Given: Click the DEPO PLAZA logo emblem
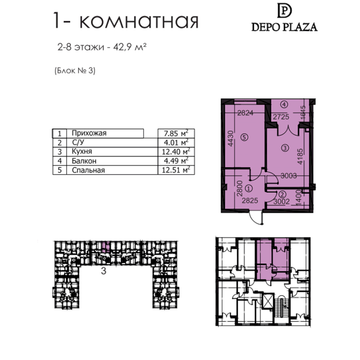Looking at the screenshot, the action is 284,11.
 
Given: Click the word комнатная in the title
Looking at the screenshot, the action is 139,21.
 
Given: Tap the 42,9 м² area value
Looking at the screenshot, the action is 130,47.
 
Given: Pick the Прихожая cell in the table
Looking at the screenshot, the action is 89,133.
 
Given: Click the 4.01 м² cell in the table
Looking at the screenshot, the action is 176,142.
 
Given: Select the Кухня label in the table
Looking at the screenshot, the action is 82,152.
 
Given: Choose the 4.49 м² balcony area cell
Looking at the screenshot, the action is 176,161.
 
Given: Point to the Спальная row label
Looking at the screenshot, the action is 88,170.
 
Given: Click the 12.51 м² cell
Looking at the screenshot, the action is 176,170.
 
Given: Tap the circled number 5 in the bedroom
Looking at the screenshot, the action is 245,137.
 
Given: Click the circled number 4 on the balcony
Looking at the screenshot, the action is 284,105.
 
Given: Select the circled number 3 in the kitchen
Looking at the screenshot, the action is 285,148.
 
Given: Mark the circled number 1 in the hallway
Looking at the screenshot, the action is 249,189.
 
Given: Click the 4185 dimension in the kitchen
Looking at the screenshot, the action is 300,156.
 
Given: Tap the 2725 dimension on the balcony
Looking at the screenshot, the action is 281,117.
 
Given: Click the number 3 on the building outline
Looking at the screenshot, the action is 104,271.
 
